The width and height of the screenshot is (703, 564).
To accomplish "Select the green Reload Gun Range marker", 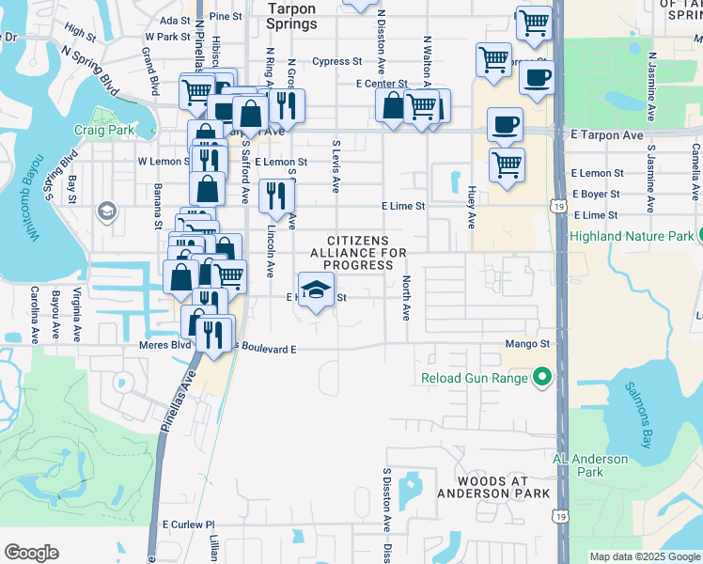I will (x=541, y=378).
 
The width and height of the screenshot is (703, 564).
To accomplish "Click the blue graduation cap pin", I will (x=317, y=290).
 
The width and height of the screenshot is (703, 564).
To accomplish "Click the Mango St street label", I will (x=526, y=344).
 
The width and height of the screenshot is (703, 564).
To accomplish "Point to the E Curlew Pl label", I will (x=189, y=525).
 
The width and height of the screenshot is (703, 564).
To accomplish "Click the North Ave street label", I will (x=407, y=298).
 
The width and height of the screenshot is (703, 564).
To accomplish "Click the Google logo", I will (x=31, y=553).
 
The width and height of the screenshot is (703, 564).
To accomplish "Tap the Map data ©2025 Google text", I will (x=644, y=556).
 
